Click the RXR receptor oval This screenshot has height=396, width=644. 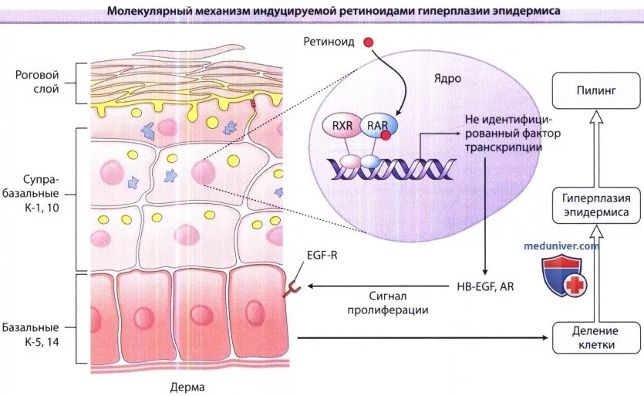pos(341,124)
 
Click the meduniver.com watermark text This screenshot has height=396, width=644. pos(561,245)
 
